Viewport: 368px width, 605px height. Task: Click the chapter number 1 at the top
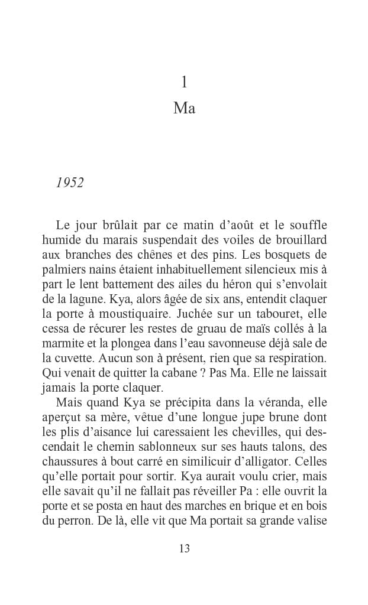[x=184, y=83]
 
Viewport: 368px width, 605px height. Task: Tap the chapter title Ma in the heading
[x=184, y=109]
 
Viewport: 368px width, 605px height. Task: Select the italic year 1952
[x=70, y=183]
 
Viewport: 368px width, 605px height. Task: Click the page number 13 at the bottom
[x=184, y=548]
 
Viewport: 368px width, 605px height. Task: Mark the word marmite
[x=64, y=344]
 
